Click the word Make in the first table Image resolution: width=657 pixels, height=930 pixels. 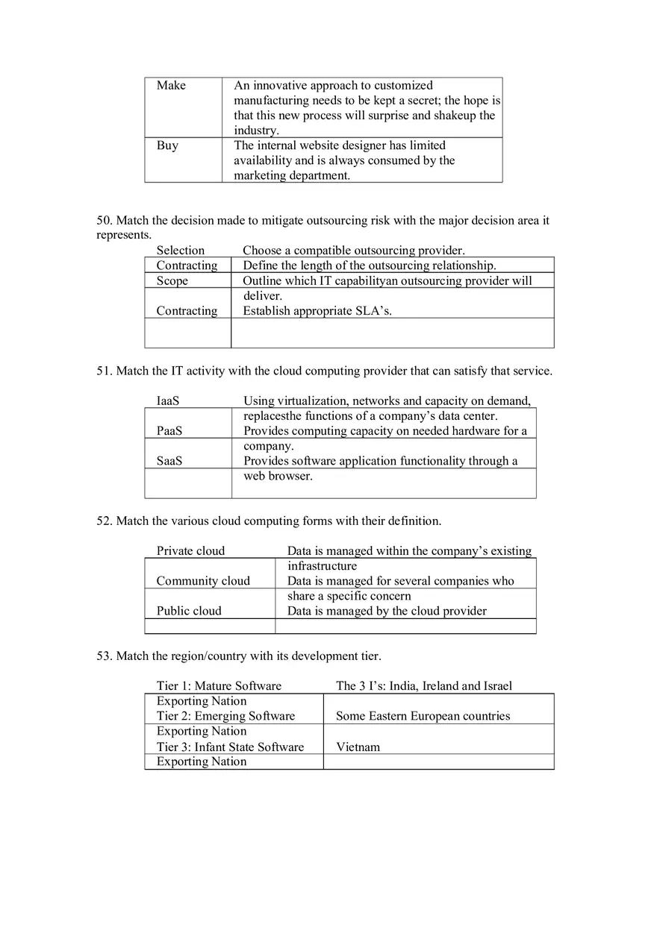pyautogui.click(x=171, y=86)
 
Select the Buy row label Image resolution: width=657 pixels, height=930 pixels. pyautogui.click(x=167, y=145)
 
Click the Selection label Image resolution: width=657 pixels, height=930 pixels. pyautogui.click(x=180, y=251)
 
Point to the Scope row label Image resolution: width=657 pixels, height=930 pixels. pyautogui.click(x=172, y=281)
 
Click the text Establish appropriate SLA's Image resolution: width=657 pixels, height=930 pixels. pyautogui.click(x=317, y=311)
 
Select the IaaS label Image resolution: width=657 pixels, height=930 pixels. pyautogui.click(x=168, y=401)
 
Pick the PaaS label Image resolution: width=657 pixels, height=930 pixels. pyautogui.click(x=169, y=431)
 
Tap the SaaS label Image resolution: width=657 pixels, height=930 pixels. pyautogui.click(x=169, y=461)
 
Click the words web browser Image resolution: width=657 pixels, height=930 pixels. pyautogui.click(x=278, y=476)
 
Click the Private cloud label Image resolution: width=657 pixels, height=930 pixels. pyautogui.click(x=190, y=551)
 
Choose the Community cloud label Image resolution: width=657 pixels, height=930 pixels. pyautogui.click(x=203, y=581)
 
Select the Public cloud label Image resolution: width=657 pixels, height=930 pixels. pyautogui.click(x=189, y=611)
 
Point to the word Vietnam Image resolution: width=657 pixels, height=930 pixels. pyautogui.click(x=358, y=747)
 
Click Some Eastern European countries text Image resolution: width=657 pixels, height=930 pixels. pyautogui.click(x=423, y=716)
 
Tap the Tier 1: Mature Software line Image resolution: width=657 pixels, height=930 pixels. pyautogui.click(x=219, y=686)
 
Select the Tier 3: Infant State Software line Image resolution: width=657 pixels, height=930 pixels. pyautogui.click(x=230, y=747)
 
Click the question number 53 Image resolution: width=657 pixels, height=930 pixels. pyautogui.click(x=105, y=656)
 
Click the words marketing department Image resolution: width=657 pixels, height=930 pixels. pyautogui.click(x=291, y=176)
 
